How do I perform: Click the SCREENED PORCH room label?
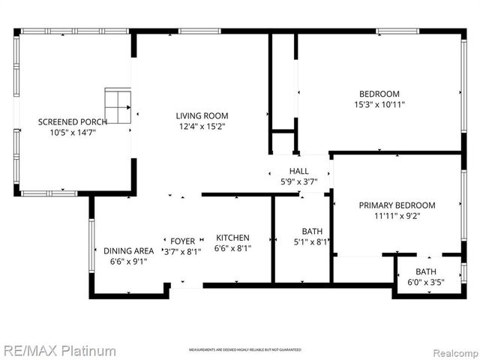coord(73,121)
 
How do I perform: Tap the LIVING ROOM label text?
coord(202,115)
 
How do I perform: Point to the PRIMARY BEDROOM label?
coord(397,205)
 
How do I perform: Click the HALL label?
coord(298,171)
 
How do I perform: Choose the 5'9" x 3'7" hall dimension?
coord(298,181)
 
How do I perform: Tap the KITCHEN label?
coord(232,238)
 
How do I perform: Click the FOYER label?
coord(182,241)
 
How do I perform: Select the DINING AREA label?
coord(129,250)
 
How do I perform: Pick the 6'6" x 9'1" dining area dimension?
coord(129,261)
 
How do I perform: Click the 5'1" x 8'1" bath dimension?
coord(311,241)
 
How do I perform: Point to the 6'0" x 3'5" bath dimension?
coord(426,282)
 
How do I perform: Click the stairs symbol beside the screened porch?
coord(118,106)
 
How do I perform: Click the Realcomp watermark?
coord(452,350)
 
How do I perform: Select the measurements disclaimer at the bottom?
coord(244,350)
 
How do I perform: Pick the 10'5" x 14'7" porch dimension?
coord(73,132)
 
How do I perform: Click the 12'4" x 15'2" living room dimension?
coord(202,127)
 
